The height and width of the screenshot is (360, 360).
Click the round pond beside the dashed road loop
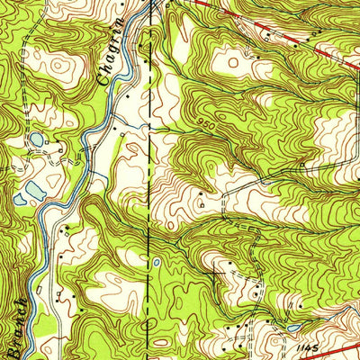[x=35, y=139]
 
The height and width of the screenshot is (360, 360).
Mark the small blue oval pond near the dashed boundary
[x=157, y=263]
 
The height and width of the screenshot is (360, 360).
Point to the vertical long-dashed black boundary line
[x=149, y=180]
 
